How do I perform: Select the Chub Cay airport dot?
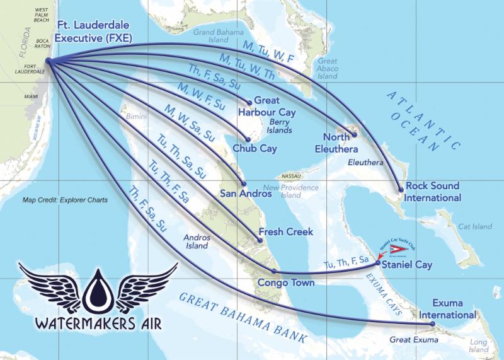(248, 140)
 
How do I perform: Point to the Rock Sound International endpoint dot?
(400, 190)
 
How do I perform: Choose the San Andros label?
(246, 194)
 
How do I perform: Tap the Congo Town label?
(285, 283)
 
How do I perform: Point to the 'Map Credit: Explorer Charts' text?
(65, 200)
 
